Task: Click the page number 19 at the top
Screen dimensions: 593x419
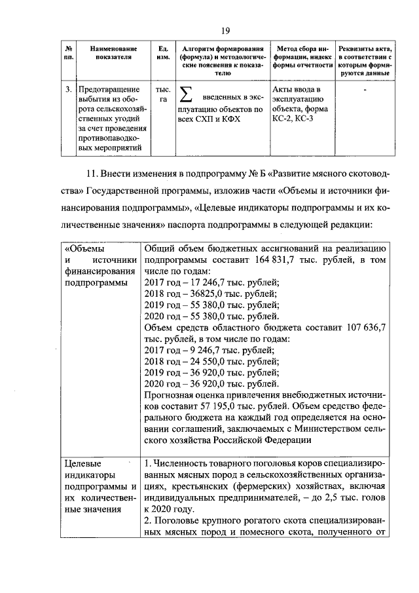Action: tap(225, 29)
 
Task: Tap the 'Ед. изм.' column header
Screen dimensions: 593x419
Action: tap(163, 53)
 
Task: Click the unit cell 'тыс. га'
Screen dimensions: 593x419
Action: tap(163, 94)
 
